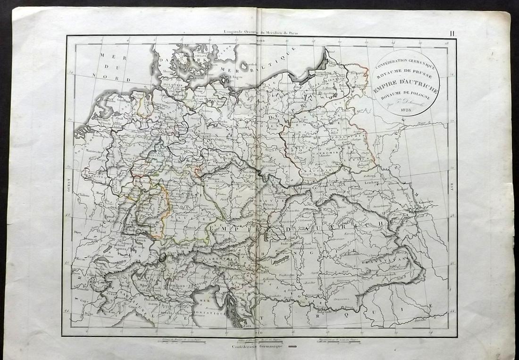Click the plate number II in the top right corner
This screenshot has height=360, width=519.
pos(452,33)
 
